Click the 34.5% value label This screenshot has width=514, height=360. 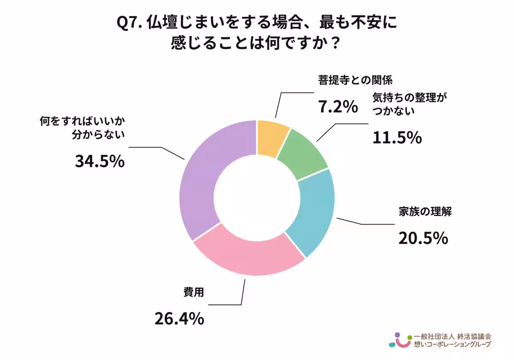click(x=100, y=162)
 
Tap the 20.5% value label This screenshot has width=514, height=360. click(x=423, y=238)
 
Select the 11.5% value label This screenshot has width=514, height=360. click(x=397, y=138)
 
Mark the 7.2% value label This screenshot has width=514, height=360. click(x=338, y=107)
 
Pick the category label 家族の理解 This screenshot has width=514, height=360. click(x=425, y=213)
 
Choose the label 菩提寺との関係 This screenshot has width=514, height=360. click(x=355, y=80)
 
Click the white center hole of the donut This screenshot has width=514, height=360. click(x=257, y=198)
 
